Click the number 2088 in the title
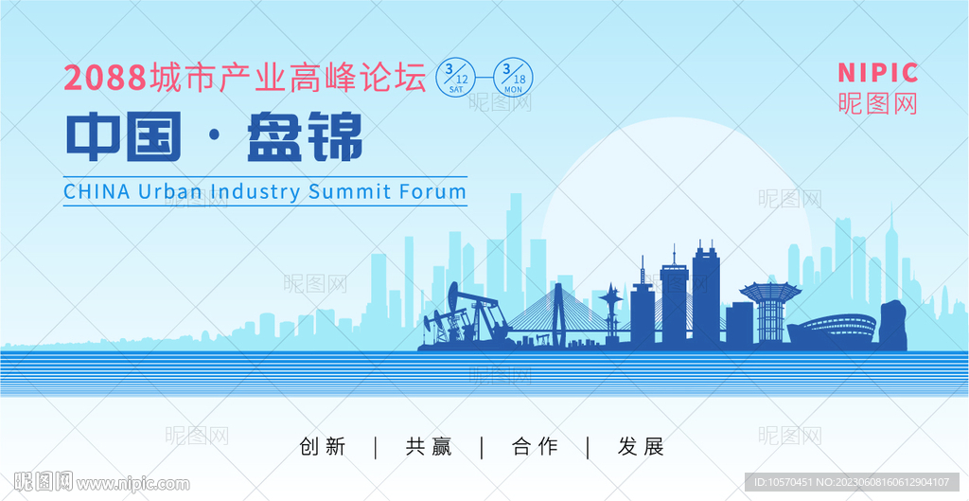(x=105, y=78)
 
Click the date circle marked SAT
(x=456, y=78)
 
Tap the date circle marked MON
(x=513, y=78)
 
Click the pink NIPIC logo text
(x=878, y=73)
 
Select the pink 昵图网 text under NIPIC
(x=878, y=103)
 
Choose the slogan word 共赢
(x=429, y=447)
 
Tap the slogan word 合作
(x=536, y=447)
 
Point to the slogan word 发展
(x=641, y=447)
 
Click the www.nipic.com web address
(x=132, y=483)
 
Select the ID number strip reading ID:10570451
(x=852, y=482)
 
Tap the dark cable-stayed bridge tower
(x=558, y=314)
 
